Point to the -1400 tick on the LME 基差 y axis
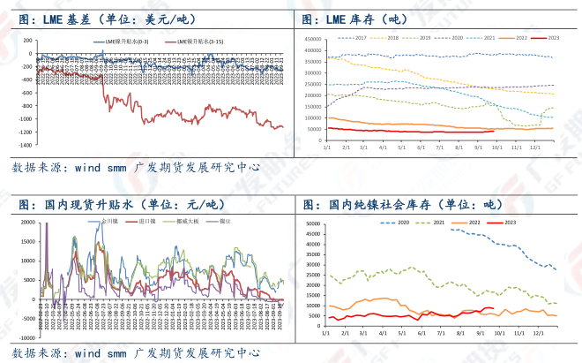pyautogui.click(x=24, y=145)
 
